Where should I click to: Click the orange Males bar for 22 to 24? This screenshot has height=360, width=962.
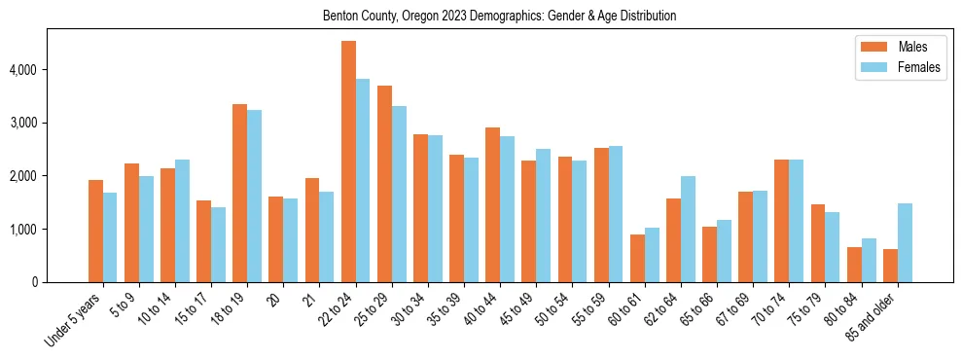point(348,162)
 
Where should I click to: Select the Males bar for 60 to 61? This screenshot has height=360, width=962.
point(638,258)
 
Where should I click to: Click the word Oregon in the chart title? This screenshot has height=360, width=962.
point(428,17)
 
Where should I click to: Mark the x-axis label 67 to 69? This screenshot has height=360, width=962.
point(733,309)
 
